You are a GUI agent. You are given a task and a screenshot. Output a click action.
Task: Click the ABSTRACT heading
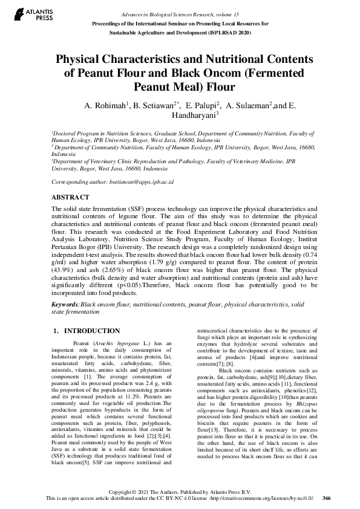(x=68, y=197)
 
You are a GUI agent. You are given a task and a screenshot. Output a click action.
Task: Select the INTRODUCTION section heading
(x=91, y=331)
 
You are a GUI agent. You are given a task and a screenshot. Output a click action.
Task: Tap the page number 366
(x=326, y=498)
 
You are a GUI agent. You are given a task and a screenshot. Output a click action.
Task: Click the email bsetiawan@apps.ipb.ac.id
(x=145, y=181)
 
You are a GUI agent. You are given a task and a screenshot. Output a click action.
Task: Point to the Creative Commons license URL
(x=261, y=498)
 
